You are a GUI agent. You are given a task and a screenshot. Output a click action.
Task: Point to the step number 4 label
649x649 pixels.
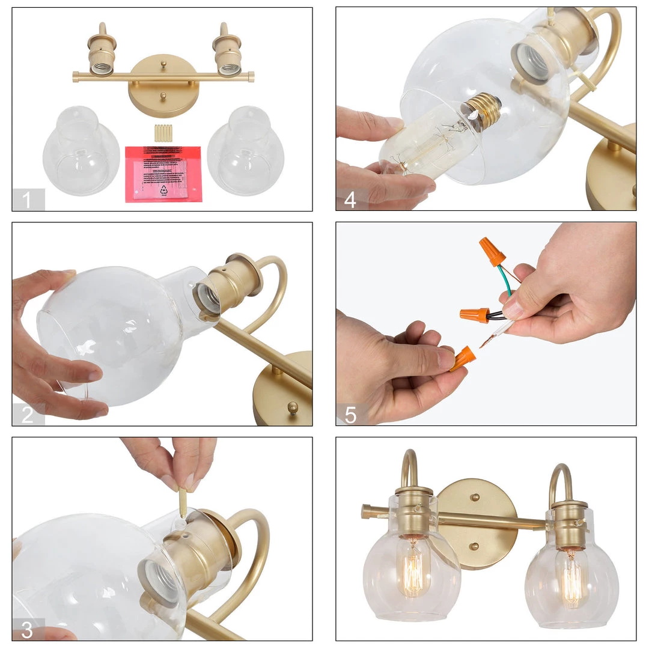[350, 200]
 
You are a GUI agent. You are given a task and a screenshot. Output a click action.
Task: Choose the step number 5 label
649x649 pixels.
[350, 415]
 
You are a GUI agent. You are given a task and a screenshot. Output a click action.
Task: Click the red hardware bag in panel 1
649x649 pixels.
[163, 174]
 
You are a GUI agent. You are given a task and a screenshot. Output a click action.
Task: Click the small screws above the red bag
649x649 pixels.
[163, 133]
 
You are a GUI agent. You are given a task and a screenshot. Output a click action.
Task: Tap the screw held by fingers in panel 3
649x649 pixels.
[182, 501]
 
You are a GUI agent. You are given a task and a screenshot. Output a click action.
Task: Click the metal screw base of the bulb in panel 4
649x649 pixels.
[483, 109]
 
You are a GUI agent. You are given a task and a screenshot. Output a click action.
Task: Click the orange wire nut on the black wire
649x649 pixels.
[474, 314]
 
